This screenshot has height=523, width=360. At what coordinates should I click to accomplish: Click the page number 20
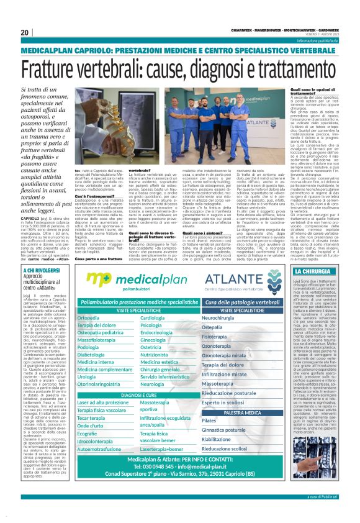[25, 32]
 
